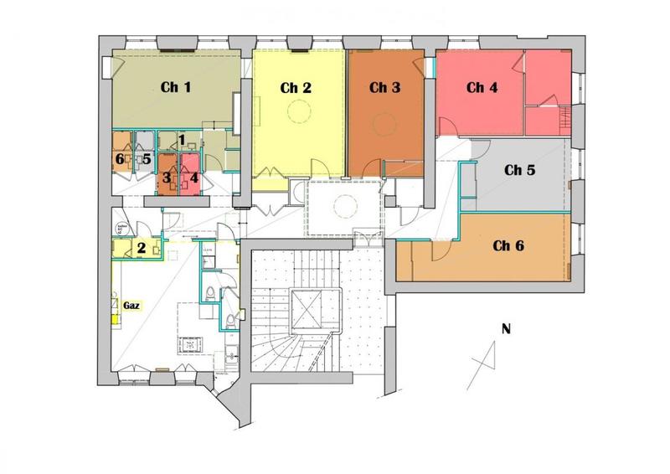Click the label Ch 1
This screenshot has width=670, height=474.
(176, 86)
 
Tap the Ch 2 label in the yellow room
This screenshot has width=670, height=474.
(296, 88)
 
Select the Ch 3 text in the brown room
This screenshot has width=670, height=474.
(384, 88)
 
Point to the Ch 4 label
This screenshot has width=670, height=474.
(482, 88)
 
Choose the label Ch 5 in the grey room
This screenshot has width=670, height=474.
(519, 169)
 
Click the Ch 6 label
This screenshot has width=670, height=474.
(508, 245)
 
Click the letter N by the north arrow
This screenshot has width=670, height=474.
(505, 328)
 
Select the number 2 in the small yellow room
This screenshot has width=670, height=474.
(142, 247)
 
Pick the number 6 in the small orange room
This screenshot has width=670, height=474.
(119, 158)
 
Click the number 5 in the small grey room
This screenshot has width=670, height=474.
(146, 158)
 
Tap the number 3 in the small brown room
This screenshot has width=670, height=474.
(167, 178)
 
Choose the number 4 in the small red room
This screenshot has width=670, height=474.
(193, 178)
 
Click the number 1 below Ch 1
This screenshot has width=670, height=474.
(181, 140)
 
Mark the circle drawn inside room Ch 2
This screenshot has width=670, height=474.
(298, 110)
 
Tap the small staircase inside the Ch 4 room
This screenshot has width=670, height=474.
(565, 116)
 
